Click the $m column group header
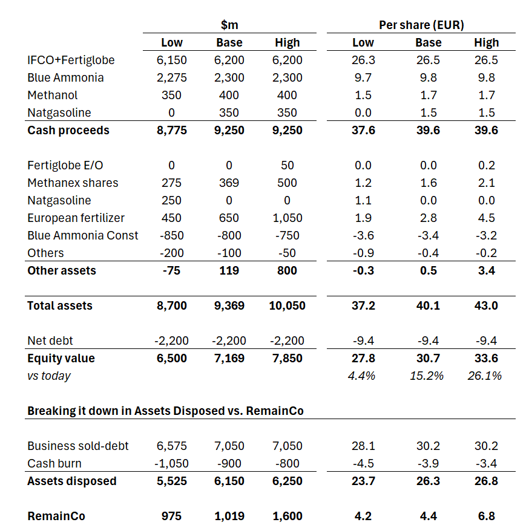pos(229,25)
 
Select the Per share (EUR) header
pos(421,25)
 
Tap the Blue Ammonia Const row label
pos(83,235)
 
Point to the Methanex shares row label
pos(73,183)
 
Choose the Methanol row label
pos(52,95)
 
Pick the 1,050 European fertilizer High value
pos(287,218)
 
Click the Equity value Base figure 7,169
pos(229,358)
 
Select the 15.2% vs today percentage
pos(428,376)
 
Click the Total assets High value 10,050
pos(287,305)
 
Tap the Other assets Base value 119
pos(229,270)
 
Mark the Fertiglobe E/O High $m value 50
pos(287,165)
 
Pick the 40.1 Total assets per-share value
pos(428,305)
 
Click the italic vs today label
pos(49,376)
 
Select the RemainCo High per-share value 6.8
pos(486,516)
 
